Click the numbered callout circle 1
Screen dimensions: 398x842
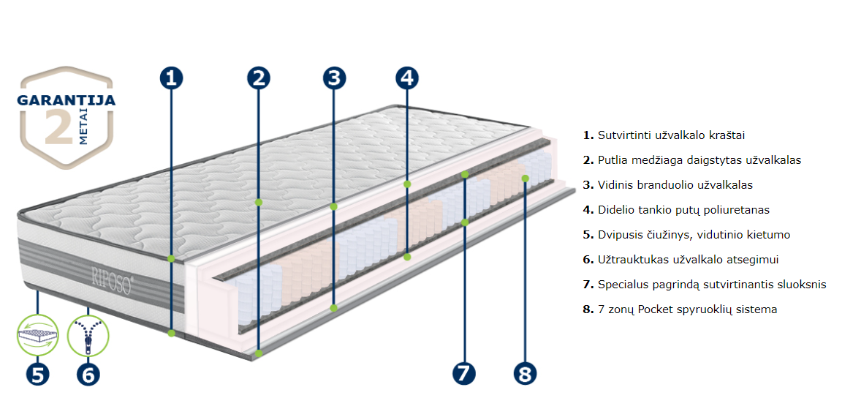coord(171,78)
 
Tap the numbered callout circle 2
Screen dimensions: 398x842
coord(259,78)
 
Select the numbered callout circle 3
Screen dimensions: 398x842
coord(333,78)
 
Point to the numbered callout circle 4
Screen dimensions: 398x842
coord(407,78)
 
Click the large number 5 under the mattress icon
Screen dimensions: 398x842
coord(37,374)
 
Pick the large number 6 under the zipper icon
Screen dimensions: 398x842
coord(88,374)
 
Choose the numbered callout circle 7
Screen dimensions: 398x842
coord(464,372)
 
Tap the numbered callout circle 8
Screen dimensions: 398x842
coord(525,372)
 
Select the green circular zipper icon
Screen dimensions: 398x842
coord(88,335)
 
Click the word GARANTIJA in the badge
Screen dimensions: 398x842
coord(67,100)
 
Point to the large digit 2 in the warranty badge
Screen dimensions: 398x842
coord(58,127)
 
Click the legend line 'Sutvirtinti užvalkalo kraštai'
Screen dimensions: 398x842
coord(671,135)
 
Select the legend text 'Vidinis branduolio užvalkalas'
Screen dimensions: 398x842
coord(675,185)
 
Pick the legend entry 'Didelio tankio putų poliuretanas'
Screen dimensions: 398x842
coord(683,210)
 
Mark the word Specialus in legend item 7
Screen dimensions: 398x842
coord(622,285)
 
